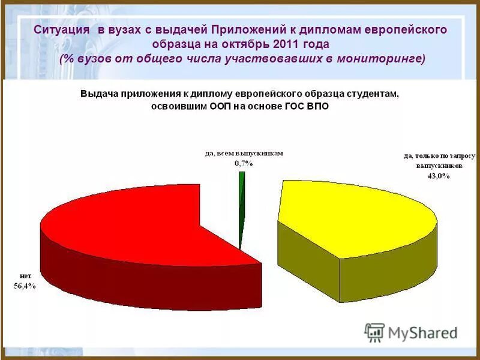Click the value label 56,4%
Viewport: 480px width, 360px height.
point(25,286)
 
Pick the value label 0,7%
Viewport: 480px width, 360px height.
point(243,163)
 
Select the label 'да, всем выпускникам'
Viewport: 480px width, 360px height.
point(244,154)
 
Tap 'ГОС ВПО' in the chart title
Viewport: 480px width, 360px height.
point(308,106)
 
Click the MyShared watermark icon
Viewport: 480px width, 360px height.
point(375,332)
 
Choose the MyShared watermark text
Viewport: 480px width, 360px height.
point(423,332)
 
